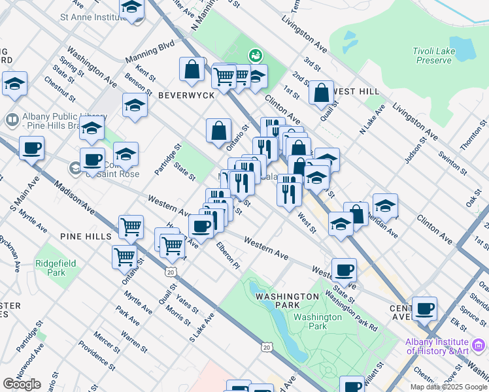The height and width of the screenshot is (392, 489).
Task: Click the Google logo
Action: [22, 384]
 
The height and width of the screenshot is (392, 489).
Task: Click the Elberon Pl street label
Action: [228, 254]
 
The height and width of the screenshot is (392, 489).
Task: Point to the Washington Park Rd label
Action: [350, 301]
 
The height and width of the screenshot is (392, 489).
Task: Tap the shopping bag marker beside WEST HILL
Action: [322, 93]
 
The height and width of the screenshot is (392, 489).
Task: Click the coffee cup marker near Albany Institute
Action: [424, 308]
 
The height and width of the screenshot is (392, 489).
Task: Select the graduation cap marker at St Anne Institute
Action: [132, 8]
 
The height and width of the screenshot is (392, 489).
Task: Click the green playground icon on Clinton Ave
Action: [254, 56]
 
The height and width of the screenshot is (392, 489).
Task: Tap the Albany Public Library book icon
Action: [12, 120]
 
